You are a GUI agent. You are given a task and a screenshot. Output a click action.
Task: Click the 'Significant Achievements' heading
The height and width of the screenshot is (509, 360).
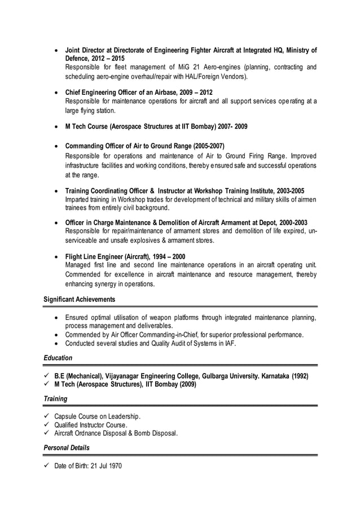(x=79, y=299)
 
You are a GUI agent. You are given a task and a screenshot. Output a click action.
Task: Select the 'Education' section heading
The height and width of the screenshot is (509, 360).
(x=58, y=358)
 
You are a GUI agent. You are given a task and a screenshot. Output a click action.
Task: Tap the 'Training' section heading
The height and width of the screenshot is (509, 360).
(x=55, y=399)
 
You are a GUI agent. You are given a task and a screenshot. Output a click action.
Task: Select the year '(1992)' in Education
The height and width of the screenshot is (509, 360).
(x=300, y=376)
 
